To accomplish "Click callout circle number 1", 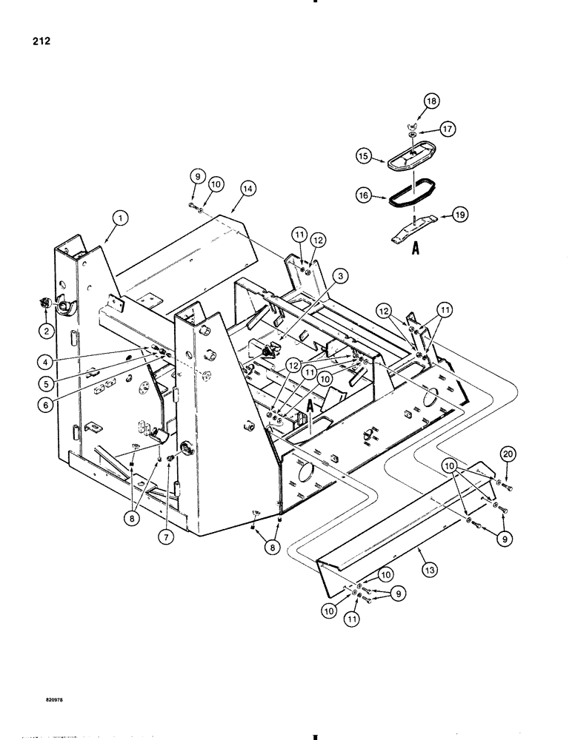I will (x=119, y=218).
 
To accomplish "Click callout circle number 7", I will (x=170, y=539).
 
